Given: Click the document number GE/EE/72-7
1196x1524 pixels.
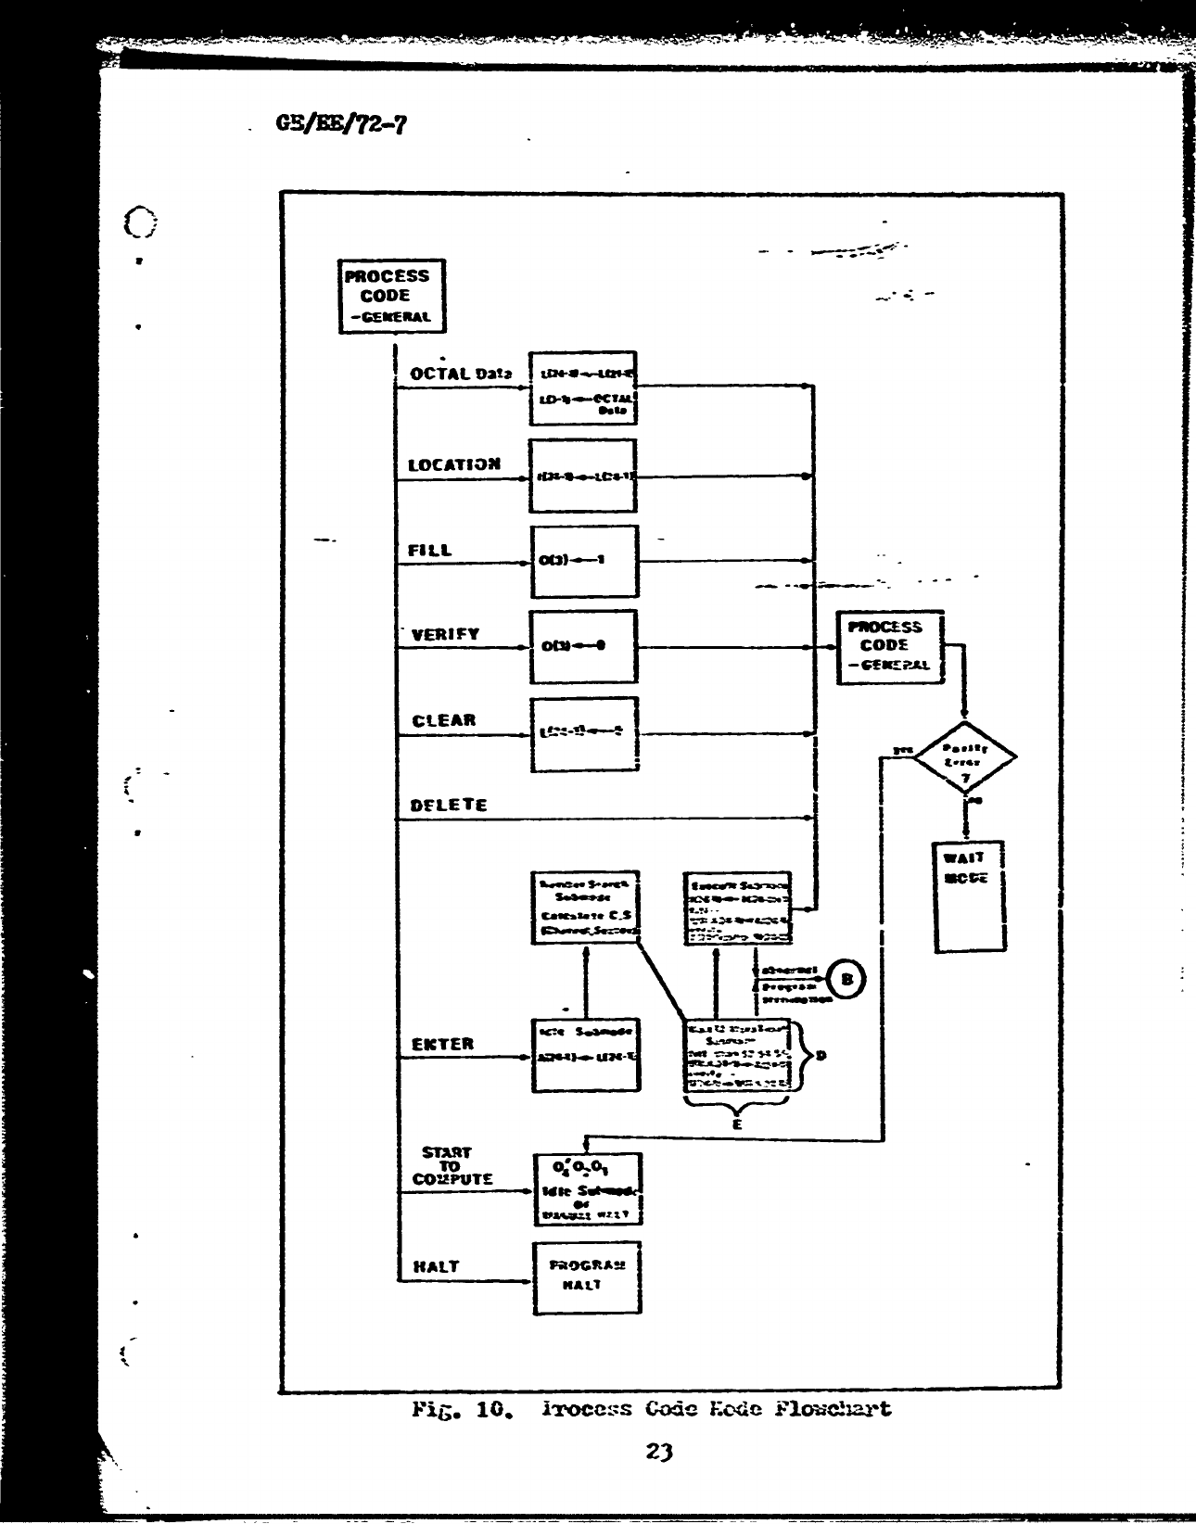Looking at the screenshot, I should click(x=338, y=122).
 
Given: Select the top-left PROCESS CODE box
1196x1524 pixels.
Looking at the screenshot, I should click(x=390, y=296).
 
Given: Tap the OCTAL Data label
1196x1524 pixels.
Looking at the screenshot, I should click(x=460, y=374).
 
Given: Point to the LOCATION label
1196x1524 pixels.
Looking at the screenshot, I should click(x=454, y=464).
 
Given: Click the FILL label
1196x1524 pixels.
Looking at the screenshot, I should click(x=430, y=550).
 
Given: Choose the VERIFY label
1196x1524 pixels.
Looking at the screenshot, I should click(x=445, y=635).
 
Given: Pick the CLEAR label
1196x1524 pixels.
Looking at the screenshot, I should click(x=443, y=720).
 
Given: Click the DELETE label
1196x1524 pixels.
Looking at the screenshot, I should click(x=449, y=805).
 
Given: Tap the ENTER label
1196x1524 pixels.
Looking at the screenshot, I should click(x=442, y=1044).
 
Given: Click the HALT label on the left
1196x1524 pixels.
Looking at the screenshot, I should click(x=436, y=1266).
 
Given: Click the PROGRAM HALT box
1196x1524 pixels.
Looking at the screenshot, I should click(x=586, y=1277).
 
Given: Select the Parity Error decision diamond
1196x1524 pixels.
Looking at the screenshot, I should click(x=965, y=757).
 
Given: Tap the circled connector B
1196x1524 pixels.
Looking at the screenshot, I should click(x=846, y=978).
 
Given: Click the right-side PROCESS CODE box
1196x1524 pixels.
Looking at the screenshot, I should click(x=889, y=647).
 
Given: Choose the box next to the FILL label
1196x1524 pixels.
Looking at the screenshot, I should click(x=583, y=562).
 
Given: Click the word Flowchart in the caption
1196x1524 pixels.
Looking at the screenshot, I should click(x=832, y=1410).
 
